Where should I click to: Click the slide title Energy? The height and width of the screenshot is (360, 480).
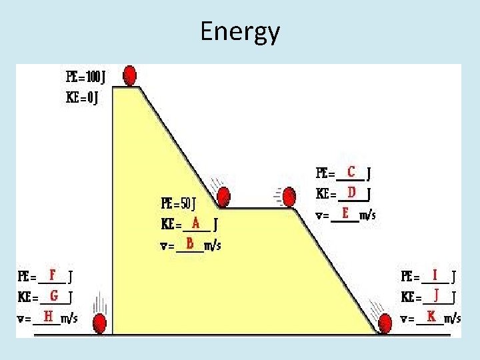pos(240,31)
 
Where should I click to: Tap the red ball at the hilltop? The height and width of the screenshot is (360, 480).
pos(130,75)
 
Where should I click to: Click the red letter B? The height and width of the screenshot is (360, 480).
pos(190,243)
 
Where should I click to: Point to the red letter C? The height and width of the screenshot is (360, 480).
pos(351,171)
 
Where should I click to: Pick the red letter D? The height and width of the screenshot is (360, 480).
pos(351,192)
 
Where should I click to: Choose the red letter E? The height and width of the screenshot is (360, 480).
pos(345,213)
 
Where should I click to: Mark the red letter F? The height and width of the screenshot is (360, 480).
pos(51,274)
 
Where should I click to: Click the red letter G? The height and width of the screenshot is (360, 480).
pos(53,295)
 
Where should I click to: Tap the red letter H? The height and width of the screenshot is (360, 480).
pos(48,315)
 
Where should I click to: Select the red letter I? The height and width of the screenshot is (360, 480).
pos(435,274)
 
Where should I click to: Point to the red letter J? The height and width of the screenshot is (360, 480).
pos(436,295)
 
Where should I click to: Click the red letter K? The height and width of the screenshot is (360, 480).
pos(431,315)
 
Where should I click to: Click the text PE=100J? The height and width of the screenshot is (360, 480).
pos(85,77)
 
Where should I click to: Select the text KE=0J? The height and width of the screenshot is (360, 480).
pos(82,98)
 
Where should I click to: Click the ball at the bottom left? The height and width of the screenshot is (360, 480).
pos(99,324)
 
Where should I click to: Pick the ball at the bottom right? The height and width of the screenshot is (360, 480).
pos(385,325)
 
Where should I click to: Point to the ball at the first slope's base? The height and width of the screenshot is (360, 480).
pos(223,196)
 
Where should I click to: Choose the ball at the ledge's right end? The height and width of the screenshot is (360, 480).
pos(289,197)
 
